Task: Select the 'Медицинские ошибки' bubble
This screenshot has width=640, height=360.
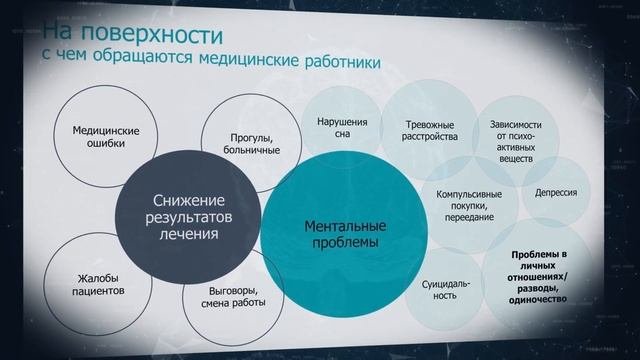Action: [105, 137]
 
